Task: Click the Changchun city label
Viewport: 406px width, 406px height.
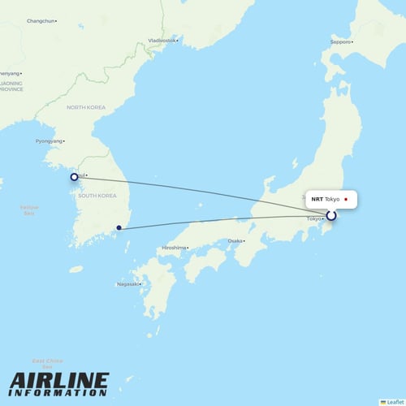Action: click(x=41, y=20)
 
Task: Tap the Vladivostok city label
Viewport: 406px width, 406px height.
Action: click(x=162, y=40)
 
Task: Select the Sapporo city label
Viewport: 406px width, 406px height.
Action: click(x=340, y=41)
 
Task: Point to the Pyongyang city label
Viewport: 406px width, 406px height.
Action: click(x=49, y=141)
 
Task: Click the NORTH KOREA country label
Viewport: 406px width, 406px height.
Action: click(x=86, y=107)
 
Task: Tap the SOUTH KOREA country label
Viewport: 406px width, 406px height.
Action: click(x=98, y=196)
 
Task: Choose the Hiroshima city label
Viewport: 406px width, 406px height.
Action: click(x=174, y=247)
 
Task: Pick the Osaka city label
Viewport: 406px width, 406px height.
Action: click(x=235, y=241)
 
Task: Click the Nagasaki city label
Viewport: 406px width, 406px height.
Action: click(x=127, y=283)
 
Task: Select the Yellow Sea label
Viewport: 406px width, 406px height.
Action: click(x=28, y=209)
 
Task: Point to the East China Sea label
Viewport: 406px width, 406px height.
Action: click(x=48, y=362)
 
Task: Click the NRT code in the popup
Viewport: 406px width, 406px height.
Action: click(x=317, y=199)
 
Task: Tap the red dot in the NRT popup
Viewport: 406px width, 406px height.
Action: click(x=346, y=199)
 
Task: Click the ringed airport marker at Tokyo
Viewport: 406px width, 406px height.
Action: click(x=330, y=216)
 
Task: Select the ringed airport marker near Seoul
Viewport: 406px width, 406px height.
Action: click(x=74, y=176)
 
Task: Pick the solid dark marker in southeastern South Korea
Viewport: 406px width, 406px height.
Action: click(x=119, y=228)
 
